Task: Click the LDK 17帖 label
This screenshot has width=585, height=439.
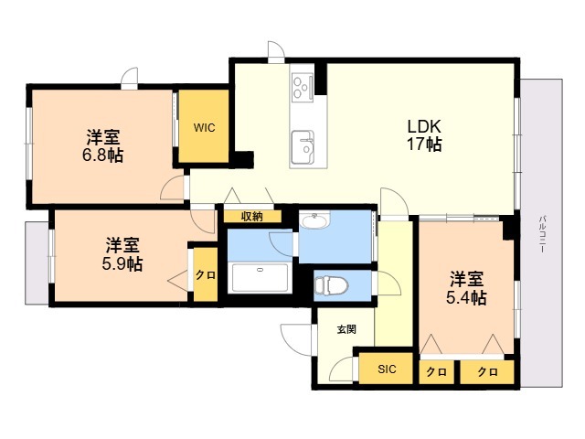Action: click(424, 135)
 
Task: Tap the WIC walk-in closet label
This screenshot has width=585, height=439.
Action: click(204, 128)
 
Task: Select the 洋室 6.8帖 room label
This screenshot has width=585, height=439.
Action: click(102, 145)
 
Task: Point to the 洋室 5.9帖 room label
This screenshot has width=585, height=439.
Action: click(122, 254)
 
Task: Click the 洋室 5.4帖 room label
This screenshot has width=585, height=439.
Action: click(466, 289)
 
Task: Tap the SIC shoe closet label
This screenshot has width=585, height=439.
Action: click(387, 369)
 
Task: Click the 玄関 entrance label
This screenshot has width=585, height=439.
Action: click(346, 329)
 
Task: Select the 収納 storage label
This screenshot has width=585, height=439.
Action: click(252, 216)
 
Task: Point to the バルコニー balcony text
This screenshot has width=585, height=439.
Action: click(541, 234)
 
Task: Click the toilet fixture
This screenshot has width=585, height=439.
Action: click(331, 285)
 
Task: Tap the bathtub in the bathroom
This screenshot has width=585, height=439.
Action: click(260, 277)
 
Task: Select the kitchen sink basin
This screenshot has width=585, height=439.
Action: click(303, 147)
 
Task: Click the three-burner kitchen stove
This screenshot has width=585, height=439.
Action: click(303, 87)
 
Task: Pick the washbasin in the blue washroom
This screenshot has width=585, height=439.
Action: click(315, 220)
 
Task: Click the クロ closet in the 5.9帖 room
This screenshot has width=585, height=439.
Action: click(206, 274)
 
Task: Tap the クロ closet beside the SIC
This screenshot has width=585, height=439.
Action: click(437, 372)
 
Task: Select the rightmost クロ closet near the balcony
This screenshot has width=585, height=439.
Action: click(487, 372)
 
